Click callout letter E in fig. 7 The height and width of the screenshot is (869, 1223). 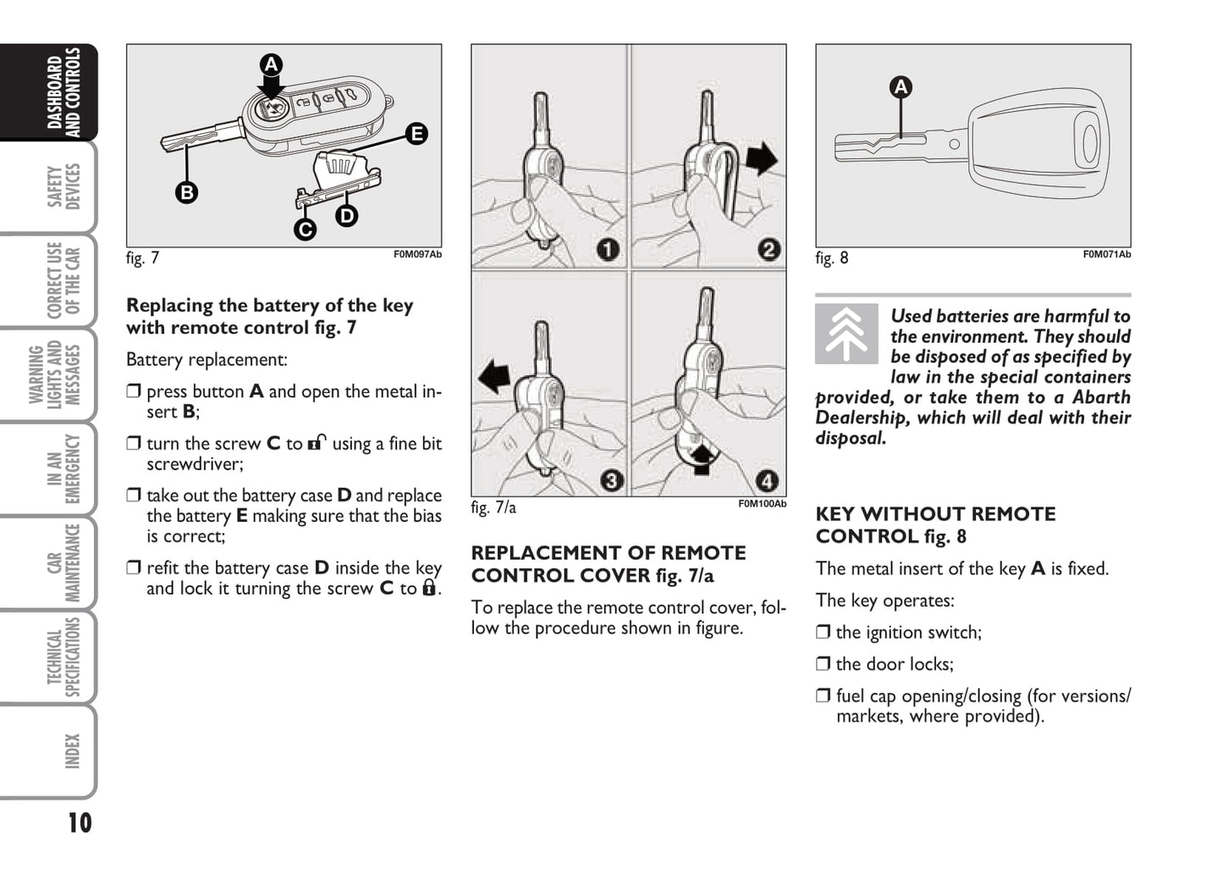click(x=416, y=134)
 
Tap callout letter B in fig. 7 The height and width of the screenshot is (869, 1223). click(x=186, y=192)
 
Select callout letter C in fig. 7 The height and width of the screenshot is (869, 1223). click(x=305, y=229)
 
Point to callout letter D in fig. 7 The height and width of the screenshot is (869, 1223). click(x=346, y=216)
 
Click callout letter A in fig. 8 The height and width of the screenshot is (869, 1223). click(x=901, y=86)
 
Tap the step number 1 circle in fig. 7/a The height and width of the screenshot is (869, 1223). click(x=608, y=249)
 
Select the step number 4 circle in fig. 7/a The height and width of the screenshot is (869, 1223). click(x=767, y=481)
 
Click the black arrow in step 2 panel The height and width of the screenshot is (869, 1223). click(x=762, y=158)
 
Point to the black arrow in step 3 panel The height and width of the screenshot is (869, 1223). click(x=493, y=375)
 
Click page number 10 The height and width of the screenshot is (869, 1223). click(x=80, y=822)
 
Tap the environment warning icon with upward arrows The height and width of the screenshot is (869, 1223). click(x=846, y=334)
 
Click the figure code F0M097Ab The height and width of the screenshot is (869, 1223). click(x=417, y=254)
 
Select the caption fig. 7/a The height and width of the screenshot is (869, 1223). click(x=493, y=507)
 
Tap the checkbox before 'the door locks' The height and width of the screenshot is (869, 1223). click(x=824, y=664)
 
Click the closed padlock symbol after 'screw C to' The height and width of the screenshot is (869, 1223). click(x=429, y=588)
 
